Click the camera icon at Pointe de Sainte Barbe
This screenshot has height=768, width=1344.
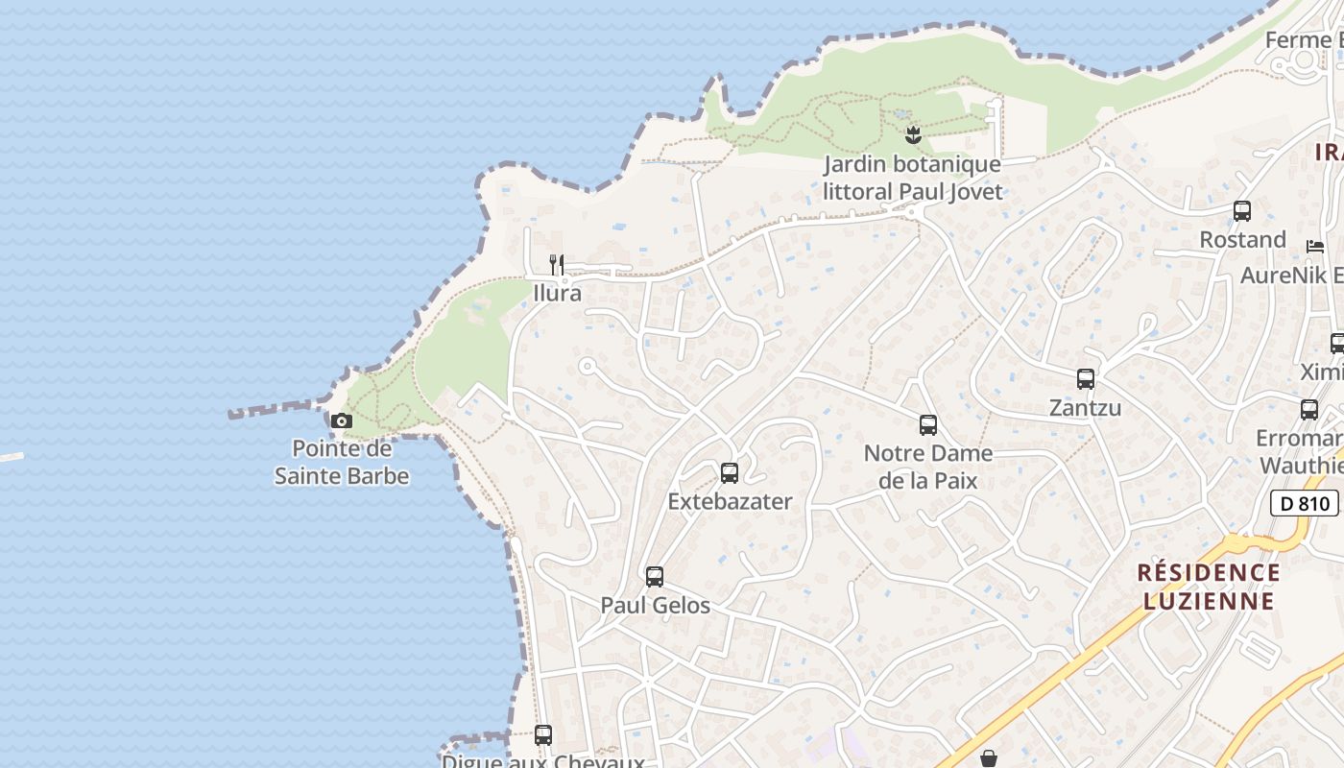341,420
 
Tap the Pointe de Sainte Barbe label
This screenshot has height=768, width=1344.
342,463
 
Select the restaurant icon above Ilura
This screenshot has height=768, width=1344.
557,264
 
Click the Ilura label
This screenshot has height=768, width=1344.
558,293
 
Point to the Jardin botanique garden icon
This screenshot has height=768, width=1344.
913,135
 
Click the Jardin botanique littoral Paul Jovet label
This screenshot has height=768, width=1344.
912,178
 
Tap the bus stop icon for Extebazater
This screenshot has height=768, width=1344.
730,472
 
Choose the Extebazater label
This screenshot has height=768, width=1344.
731,501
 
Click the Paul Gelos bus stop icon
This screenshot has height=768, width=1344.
655,576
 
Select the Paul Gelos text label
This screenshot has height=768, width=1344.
656,606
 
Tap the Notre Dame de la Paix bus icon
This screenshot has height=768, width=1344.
928,424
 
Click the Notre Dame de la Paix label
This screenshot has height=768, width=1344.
928,467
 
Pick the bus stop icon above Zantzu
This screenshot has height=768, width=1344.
1086,379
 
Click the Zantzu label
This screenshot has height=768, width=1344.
1086,408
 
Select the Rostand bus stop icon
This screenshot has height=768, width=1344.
1242,210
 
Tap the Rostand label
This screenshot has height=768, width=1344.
1243,239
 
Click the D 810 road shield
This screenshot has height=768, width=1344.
1305,503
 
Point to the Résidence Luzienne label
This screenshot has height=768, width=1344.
1209,587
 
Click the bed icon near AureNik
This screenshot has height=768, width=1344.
1315,247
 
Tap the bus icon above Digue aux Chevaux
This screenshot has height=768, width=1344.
543,735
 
